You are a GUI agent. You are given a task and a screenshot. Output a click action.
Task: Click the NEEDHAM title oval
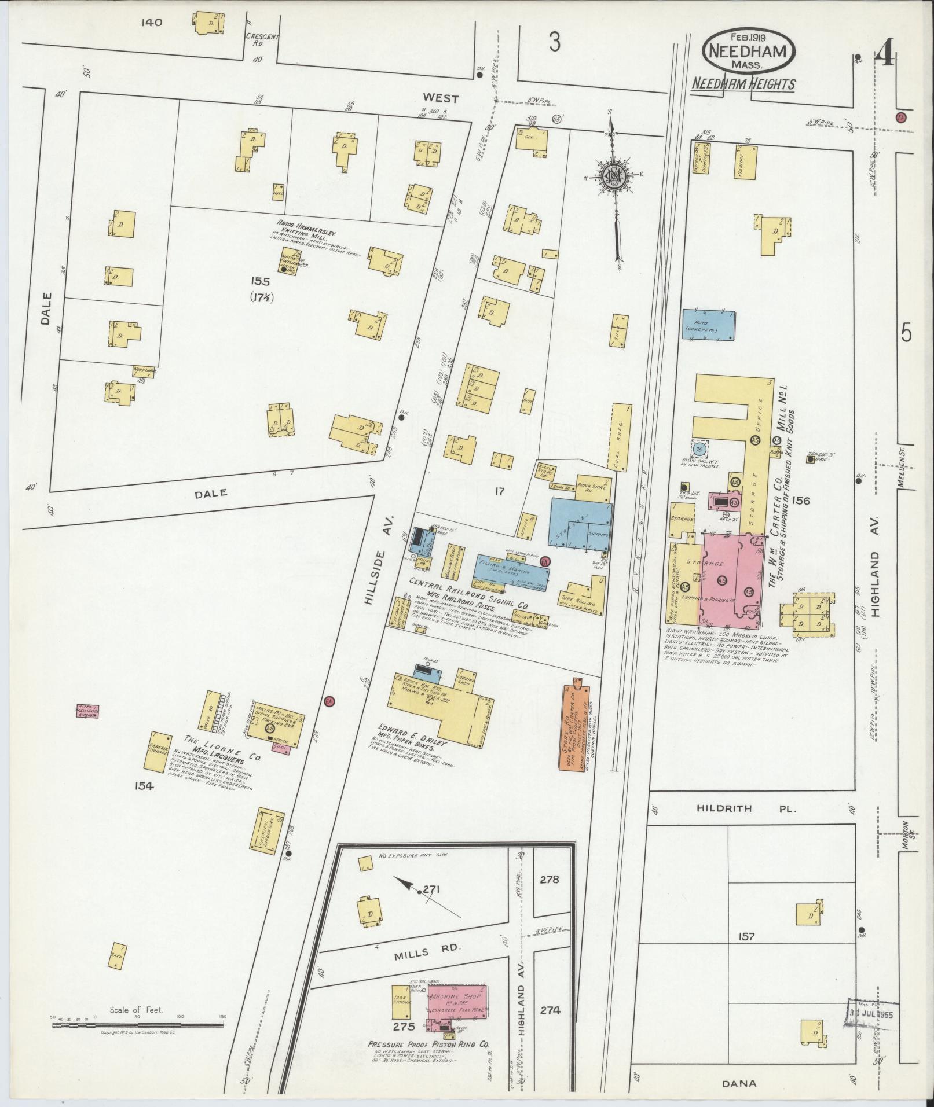[x=748, y=53]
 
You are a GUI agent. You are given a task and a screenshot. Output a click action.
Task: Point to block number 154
[x=144, y=786]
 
